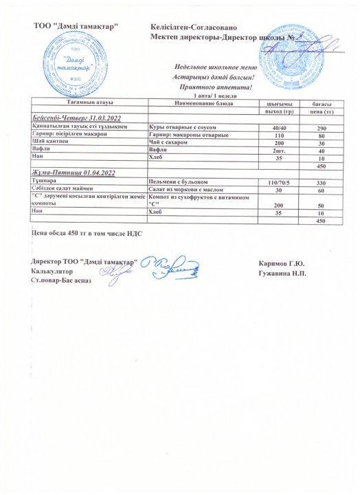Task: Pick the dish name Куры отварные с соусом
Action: point(182,127)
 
